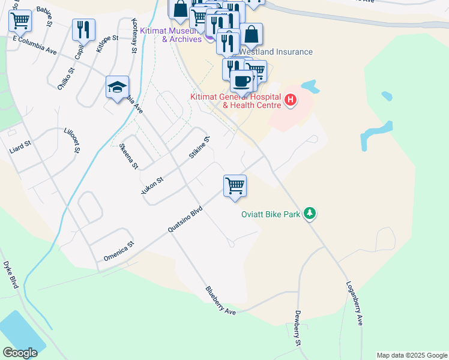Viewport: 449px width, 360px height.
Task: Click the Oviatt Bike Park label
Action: pos(270,214)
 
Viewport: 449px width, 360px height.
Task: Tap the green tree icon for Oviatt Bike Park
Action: pos(310,213)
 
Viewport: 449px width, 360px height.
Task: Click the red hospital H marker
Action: pos(291,99)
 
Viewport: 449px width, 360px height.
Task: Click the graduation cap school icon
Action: pos(117,87)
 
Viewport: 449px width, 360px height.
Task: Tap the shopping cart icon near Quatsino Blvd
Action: pos(235,185)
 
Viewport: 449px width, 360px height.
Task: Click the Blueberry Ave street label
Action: pos(220,301)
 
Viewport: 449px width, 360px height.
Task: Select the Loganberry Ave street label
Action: pos(354,303)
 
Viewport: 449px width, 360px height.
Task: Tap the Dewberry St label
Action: pos(297,328)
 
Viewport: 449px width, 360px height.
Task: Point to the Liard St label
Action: pos(19,145)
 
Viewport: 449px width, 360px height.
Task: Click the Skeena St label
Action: pos(130,155)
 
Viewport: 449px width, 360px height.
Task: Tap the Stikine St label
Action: pos(199,148)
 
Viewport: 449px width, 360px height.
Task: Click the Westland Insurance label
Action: pos(276,52)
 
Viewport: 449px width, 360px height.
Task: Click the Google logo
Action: pos(20,353)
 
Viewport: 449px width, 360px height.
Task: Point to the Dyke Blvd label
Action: pos(11,274)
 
